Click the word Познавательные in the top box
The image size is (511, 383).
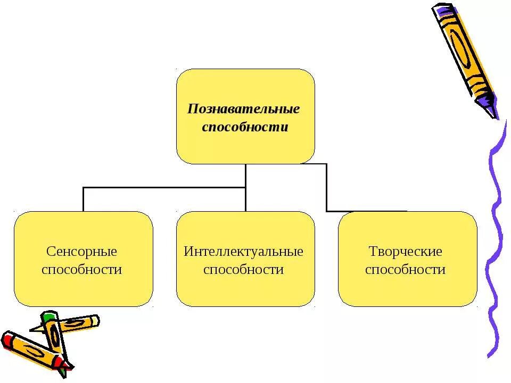coord(244,109)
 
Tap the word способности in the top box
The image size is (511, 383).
coord(245,128)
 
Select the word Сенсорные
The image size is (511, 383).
coord(81,251)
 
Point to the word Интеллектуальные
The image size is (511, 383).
coord(244,251)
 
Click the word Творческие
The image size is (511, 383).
coord(406,251)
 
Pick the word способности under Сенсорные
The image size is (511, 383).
coord(81,270)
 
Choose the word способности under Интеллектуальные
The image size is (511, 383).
coord(244,270)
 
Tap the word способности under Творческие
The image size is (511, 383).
coord(406,270)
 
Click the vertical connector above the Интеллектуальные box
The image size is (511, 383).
coord(245,199)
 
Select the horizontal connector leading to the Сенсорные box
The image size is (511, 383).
coord(160,187)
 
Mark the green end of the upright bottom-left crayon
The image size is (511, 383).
coord(49,318)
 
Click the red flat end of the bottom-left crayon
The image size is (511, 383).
coord(6,339)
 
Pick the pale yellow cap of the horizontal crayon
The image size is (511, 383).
coord(95,321)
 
